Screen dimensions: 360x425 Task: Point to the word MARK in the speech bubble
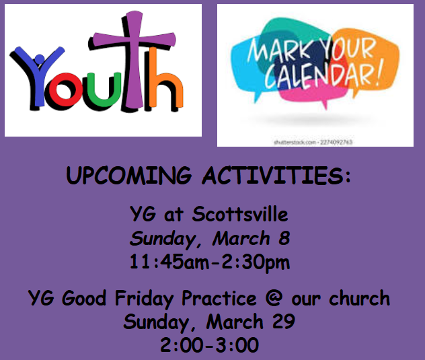[x=276, y=52]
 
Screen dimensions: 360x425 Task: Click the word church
[x=362, y=298]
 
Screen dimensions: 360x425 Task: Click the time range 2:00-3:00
[x=209, y=346]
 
